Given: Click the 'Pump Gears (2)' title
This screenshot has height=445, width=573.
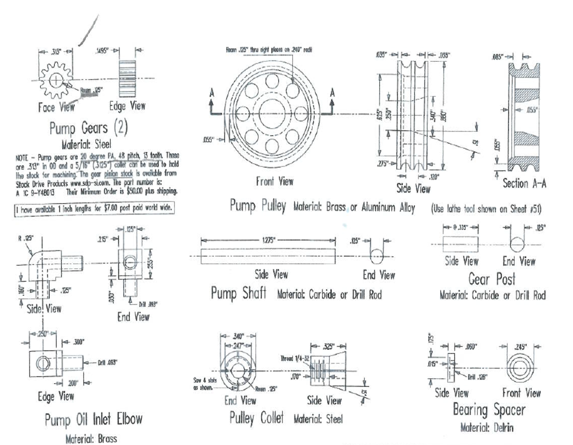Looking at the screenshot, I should (88, 128).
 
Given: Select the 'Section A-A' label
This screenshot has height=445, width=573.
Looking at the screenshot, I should (524, 183).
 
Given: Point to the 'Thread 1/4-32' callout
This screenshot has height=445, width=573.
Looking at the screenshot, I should (294, 359).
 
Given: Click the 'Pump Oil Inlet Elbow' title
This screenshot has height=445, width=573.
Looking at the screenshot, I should (93, 420).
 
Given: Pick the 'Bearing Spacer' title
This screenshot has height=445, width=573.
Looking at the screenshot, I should (489, 410).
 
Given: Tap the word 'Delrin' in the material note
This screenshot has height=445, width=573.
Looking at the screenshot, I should (503, 428).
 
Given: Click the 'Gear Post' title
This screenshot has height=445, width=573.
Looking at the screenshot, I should (492, 279).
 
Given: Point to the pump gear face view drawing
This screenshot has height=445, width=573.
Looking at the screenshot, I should (55, 81).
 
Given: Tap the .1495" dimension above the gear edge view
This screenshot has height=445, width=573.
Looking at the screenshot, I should (102, 51).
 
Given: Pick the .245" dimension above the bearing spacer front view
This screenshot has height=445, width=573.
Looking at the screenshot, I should (520, 346).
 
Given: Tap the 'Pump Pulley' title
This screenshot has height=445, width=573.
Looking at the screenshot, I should (258, 206).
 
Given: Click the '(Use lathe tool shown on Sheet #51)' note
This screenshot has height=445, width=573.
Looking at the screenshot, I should (486, 208).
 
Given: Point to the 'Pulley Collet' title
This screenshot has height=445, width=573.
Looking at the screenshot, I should (256, 418).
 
